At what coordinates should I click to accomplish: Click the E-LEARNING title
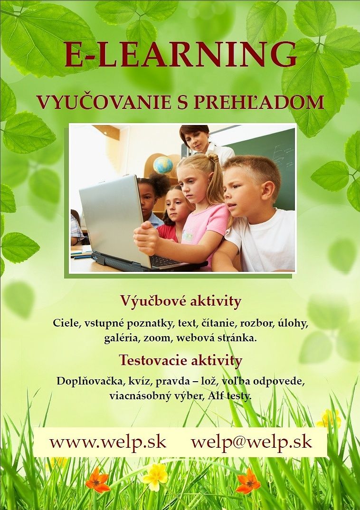coord(180,54)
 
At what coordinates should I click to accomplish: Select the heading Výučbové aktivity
coord(180,301)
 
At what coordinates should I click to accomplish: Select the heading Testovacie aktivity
coord(180,360)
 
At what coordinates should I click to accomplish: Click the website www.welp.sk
coord(108,443)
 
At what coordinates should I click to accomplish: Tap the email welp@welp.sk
coord(252,443)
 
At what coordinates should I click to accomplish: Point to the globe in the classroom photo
coord(163,164)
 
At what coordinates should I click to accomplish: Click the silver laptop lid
coord(112,220)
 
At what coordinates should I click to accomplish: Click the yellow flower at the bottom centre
coord(155,476)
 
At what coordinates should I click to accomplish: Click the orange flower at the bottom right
coord(248,481)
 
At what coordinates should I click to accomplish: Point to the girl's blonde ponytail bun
coord(213,158)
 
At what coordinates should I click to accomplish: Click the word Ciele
coord(66,323)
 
